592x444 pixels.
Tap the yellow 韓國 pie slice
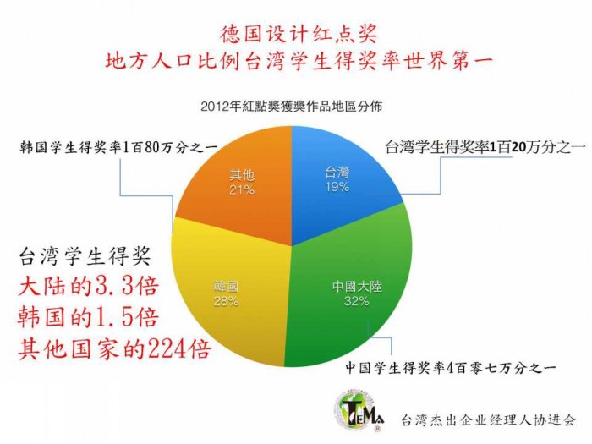tap(227, 294)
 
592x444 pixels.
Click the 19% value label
tap(337, 187)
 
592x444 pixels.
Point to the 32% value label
tap(356, 301)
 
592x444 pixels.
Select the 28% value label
tap(226, 301)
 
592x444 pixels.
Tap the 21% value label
tap(242, 189)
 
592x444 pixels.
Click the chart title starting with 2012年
tap(291, 106)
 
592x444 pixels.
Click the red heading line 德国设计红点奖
tap(299, 35)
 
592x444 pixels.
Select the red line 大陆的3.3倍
tap(88, 286)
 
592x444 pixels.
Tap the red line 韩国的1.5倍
tap(88, 317)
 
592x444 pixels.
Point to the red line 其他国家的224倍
tap(113, 348)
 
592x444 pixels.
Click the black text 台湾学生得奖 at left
tap(85, 256)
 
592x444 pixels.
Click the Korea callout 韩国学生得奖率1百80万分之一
tap(118, 147)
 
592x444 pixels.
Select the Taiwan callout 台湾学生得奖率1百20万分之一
tap(485, 147)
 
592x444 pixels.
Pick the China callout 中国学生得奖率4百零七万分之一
tap(450, 367)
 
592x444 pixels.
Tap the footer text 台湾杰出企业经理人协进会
tap(489, 419)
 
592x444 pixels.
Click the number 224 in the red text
tap(166, 348)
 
